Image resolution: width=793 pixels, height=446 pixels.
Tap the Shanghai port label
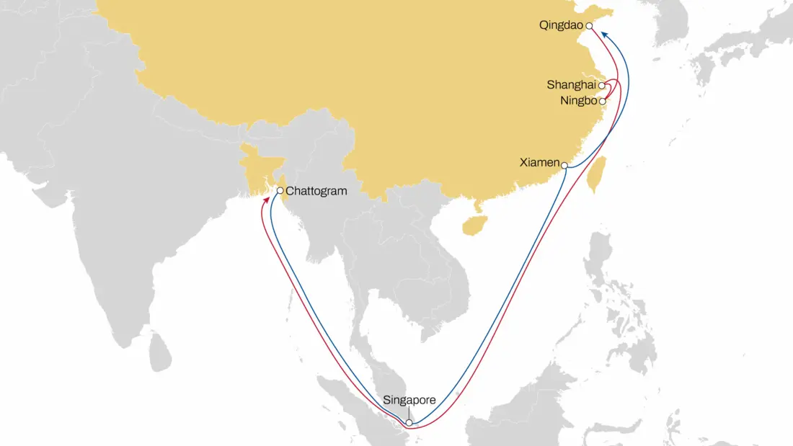tap(571, 85)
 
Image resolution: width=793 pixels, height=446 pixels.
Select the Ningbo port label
tap(579, 101)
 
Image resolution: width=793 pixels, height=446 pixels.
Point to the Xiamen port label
tap(539, 163)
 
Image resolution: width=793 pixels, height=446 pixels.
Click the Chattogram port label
tap(317, 192)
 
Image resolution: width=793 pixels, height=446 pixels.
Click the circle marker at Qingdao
tap(589, 26)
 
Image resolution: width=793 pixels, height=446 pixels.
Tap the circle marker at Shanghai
tap(601, 85)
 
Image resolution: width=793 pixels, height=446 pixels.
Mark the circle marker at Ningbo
tap(602, 102)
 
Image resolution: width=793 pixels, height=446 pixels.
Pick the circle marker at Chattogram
tap(280, 191)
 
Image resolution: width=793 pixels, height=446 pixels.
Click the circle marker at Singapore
tap(409, 423)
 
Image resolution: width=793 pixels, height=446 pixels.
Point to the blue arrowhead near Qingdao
tap(604, 34)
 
